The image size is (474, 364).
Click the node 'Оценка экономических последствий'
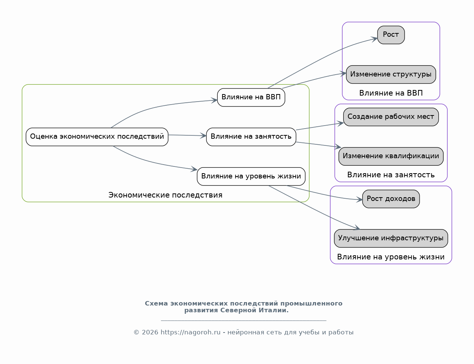(97, 137)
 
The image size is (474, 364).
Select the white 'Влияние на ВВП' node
(251, 97)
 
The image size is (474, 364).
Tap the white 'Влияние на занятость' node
(251, 137)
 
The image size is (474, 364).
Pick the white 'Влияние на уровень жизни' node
(251, 177)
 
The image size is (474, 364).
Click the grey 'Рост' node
(391, 35)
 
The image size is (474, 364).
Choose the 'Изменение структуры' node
(391, 75)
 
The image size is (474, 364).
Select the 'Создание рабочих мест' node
(391, 117)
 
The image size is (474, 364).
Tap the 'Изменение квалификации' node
(391, 156)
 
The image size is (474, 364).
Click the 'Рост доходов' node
(391, 199)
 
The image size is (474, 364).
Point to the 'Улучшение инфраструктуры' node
(391, 238)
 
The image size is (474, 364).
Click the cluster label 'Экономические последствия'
(166, 195)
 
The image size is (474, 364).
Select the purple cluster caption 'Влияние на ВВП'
(391, 93)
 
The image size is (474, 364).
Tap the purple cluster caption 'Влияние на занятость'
(391, 175)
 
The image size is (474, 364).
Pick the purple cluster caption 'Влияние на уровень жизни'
(391, 257)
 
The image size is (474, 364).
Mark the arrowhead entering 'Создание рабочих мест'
(341, 123)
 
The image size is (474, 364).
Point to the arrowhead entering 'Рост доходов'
(360, 199)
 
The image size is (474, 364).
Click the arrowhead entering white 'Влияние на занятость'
(203, 136)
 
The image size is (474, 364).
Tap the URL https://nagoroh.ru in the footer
(190, 333)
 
